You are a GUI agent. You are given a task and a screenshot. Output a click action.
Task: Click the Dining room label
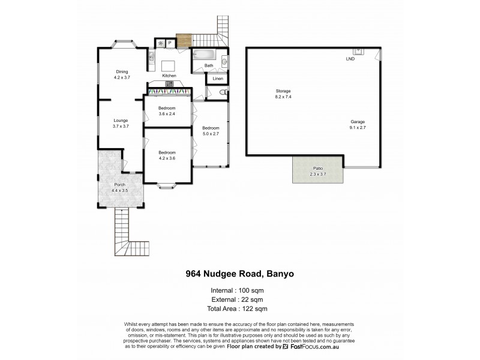pyautogui.click(x=122, y=74)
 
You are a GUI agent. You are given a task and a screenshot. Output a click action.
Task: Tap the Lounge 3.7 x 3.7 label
pyautogui.click(x=121, y=124)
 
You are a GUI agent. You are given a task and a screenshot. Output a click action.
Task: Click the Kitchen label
pyautogui.click(x=169, y=76)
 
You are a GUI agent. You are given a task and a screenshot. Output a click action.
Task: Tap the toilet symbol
pyautogui.click(x=222, y=92)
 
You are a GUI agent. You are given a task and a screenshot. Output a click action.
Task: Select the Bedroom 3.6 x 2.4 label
pyautogui.click(x=166, y=111)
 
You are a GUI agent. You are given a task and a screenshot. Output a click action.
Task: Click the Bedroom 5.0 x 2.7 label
pyautogui.click(x=210, y=130)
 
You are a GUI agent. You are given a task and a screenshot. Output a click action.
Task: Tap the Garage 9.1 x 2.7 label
pyautogui.click(x=358, y=124)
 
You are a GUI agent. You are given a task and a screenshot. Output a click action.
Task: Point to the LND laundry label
pyautogui.click(x=350, y=59)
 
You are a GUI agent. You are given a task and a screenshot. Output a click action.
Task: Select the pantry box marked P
pyautogui.click(x=170, y=43)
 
